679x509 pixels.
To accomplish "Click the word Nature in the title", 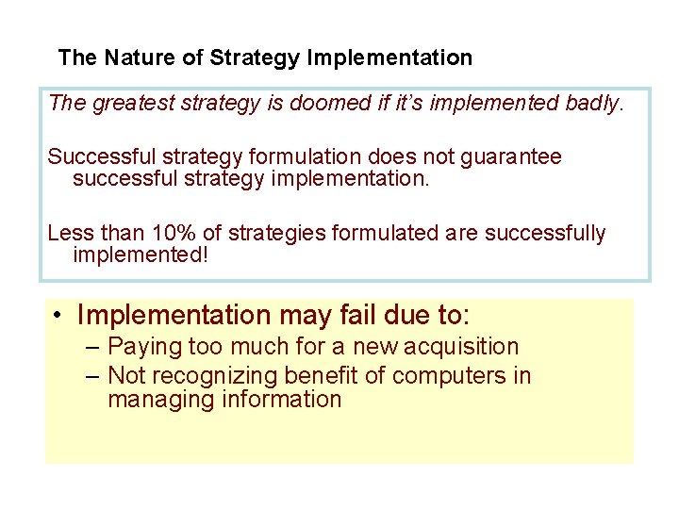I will click(x=138, y=57).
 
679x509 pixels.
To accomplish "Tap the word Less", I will click(x=70, y=233).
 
